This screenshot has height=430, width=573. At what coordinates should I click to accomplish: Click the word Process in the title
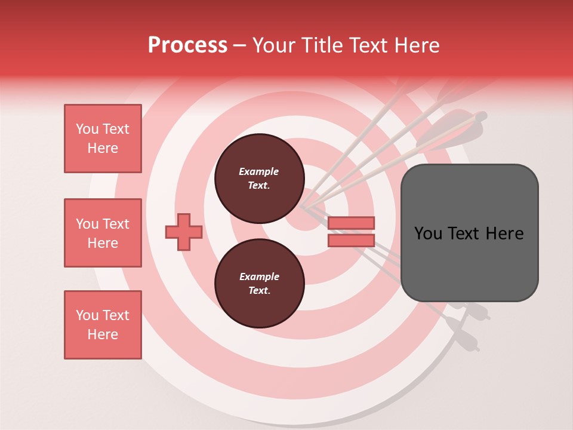click(187, 45)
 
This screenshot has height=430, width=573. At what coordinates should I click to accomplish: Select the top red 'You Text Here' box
click(103, 139)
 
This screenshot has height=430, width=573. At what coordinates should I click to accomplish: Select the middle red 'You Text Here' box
click(103, 233)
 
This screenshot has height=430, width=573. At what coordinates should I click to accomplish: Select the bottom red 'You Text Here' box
click(103, 325)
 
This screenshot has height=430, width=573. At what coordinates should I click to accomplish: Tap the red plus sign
click(184, 232)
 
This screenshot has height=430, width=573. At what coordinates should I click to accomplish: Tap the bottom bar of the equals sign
click(351, 240)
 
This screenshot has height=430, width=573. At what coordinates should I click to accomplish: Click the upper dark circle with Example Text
click(259, 178)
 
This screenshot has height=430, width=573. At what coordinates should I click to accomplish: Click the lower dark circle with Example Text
click(259, 283)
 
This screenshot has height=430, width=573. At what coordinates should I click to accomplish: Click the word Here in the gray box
click(504, 234)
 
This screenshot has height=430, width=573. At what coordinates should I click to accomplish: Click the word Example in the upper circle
click(259, 171)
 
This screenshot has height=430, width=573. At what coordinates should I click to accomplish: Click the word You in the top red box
click(87, 129)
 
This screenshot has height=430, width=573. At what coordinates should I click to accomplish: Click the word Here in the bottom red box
click(103, 334)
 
